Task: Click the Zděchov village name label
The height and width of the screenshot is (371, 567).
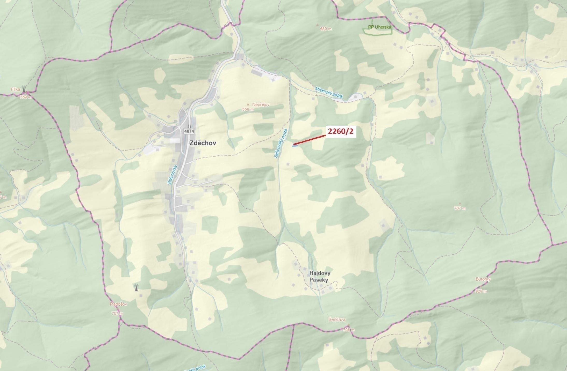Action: (x=203, y=143)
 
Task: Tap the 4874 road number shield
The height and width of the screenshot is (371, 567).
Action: (x=189, y=131)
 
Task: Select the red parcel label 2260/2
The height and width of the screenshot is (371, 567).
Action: (x=341, y=132)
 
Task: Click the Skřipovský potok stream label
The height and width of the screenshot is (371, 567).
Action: (x=281, y=143)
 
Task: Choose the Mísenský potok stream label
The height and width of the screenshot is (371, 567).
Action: (x=329, y=92)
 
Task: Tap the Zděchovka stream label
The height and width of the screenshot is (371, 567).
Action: (x=172, y=175)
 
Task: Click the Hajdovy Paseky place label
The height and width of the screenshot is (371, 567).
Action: (x=320, y=276)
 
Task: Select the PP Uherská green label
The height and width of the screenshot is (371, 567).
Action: (x=379, y=27)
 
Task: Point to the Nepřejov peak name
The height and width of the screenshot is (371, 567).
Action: (x=261, y=104)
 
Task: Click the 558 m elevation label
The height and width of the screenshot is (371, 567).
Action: (x=248, y=109)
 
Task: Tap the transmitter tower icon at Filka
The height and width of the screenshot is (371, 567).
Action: (x=24, y=89)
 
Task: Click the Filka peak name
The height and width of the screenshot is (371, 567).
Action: (x=15, y=89)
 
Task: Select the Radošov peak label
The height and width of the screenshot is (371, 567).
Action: (x=118, y=304)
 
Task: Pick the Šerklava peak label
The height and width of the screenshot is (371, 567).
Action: (x=337, y=319)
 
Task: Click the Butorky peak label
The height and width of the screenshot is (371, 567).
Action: (x=483, y=279)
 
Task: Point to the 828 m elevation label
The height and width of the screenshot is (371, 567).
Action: (x=481, y=291)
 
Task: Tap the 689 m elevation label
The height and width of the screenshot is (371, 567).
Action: (x=326, y=29)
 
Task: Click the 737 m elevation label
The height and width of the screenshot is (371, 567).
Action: (x=460, y=208)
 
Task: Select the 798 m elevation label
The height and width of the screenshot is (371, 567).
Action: (x=349, y=330)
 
